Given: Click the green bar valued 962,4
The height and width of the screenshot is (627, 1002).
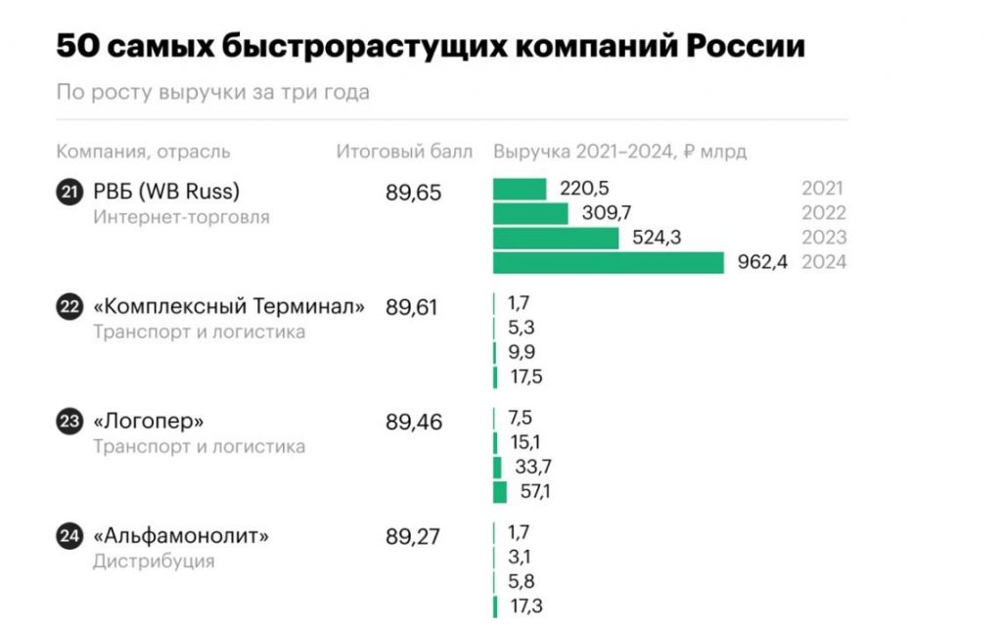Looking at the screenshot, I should (x=608, y=262).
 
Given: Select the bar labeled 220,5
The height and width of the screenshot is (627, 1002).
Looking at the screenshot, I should (x=520, y=189).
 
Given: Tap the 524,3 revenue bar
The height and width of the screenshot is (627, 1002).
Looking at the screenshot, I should (x=556, y=238).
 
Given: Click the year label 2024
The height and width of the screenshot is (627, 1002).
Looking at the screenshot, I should (x=823, y=262).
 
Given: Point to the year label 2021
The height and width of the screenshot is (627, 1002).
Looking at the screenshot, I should (x=823, y=189).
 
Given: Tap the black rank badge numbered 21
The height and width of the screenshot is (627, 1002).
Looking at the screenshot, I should (x=68, y=193).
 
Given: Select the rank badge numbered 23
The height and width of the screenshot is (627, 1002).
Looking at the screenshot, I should (x=68, y=423).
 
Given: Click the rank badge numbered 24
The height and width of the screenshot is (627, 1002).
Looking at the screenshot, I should (x=68, y=536).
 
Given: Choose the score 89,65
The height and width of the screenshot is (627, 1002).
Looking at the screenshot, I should (x=414, y=193).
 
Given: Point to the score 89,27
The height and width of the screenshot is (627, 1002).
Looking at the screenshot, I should (x=414, y=536).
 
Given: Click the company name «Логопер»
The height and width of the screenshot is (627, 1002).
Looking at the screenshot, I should (x=149, y=423).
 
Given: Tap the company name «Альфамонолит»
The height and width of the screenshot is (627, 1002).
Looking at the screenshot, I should (x=181, y=536).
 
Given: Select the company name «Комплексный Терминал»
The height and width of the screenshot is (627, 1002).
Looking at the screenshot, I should (x=229, y=307).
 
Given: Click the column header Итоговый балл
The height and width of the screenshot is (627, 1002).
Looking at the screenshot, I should (x=404, y=152).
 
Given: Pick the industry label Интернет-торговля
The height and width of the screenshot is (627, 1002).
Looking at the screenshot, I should (x=181, y=217).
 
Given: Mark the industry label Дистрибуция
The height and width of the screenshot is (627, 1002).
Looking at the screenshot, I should (x=154, y=561).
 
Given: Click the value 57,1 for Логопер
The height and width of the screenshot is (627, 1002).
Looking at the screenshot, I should (x=535, y=492).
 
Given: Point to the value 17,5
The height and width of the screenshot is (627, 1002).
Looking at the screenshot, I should (x=525, y=377).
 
